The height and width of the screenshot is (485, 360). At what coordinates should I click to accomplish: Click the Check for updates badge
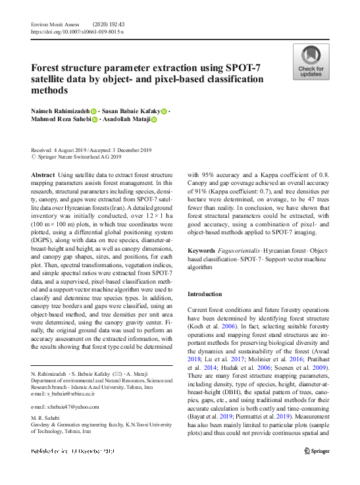[x=311, y=62]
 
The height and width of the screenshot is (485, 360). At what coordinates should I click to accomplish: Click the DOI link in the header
[x=77, y=31]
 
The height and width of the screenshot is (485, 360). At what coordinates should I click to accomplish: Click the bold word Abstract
[x=43, y=174]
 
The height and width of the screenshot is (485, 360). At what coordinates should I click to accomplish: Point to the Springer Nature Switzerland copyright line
[x=80, y=157]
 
